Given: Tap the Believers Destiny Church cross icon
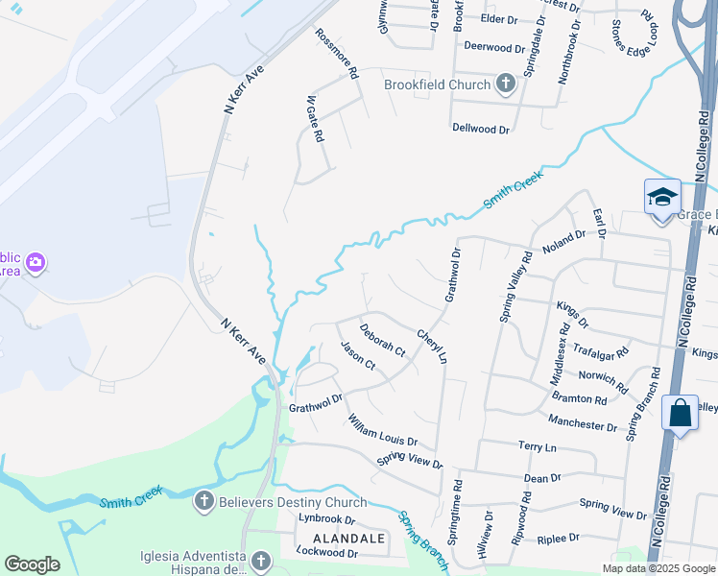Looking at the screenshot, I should (203, 501).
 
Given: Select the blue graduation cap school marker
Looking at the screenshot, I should (662, 197).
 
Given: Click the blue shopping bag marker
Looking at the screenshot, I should (680, 414).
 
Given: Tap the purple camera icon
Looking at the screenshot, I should (36, 262).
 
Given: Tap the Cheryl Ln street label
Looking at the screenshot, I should (432, 347).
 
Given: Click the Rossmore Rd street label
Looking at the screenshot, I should (337, 53).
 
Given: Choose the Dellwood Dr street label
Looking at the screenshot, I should (481, 127).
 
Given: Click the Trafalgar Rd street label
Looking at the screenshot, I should (601, 352).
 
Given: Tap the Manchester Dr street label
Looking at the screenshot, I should (582, 422).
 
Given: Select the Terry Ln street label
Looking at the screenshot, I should (537, 447).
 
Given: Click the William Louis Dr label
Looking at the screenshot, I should (383, 430).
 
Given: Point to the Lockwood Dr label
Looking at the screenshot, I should (327, 554).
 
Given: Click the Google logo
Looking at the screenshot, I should (32, 564).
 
